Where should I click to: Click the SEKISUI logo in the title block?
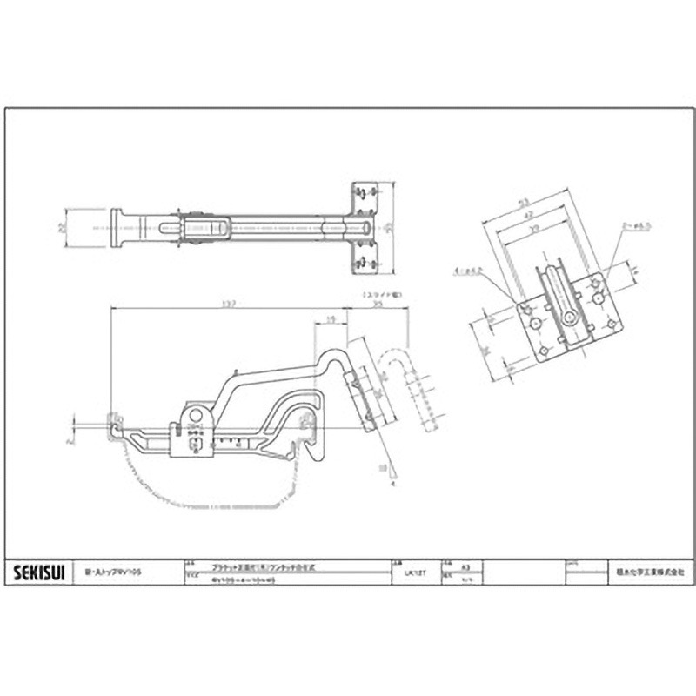point(34,572)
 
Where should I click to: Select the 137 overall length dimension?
point(229,304)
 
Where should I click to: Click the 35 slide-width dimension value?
point(378,305)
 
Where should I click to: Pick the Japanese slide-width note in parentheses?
point(377,295)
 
